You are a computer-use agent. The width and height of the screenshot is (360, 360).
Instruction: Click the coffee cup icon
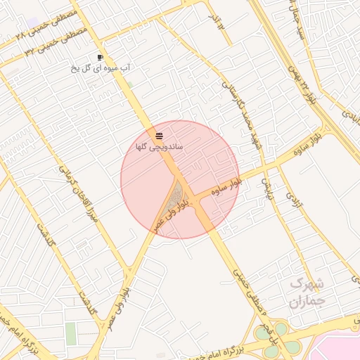(x=101, y=57)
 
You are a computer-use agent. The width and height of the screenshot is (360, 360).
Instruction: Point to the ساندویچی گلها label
(x=160, y=147)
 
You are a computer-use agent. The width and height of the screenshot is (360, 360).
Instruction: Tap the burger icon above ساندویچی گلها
(x=160, y=135)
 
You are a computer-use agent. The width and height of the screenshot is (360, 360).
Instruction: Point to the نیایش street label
(x=266, y=185)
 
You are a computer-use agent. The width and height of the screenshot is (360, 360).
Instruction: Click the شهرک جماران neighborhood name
(x=307, y=292)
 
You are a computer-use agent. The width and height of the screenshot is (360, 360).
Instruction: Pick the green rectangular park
(x=71, y=333)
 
